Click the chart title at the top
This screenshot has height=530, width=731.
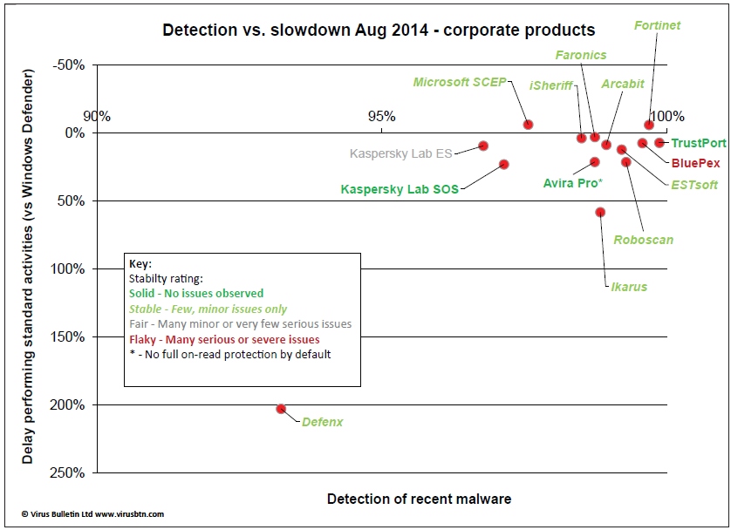379,31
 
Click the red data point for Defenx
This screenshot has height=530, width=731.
281,409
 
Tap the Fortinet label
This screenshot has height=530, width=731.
657,26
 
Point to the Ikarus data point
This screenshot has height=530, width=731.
600,212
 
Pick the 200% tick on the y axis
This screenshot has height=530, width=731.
67,405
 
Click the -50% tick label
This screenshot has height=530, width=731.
69,65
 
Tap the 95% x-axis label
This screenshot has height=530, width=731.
382,116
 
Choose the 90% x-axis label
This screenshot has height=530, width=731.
96,116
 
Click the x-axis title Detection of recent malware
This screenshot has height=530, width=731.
419,499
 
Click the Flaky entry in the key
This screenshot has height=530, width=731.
224,339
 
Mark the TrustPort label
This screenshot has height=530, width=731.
699,143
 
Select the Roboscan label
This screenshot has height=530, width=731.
643,240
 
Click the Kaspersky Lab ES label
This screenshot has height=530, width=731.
400,154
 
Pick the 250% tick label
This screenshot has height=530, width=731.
67,473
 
